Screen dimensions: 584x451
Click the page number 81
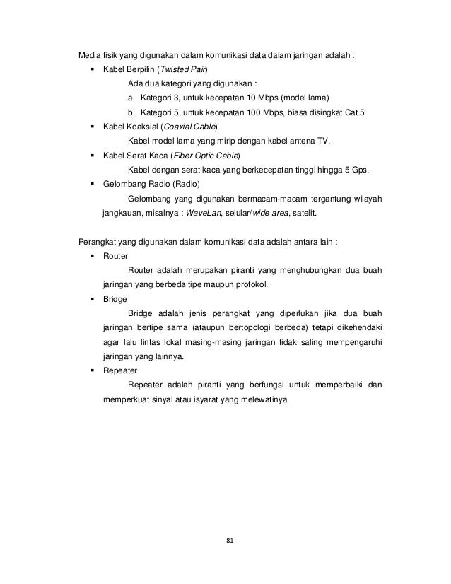(x=225, y=542)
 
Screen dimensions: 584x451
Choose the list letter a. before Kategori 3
(x=131, y=97)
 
